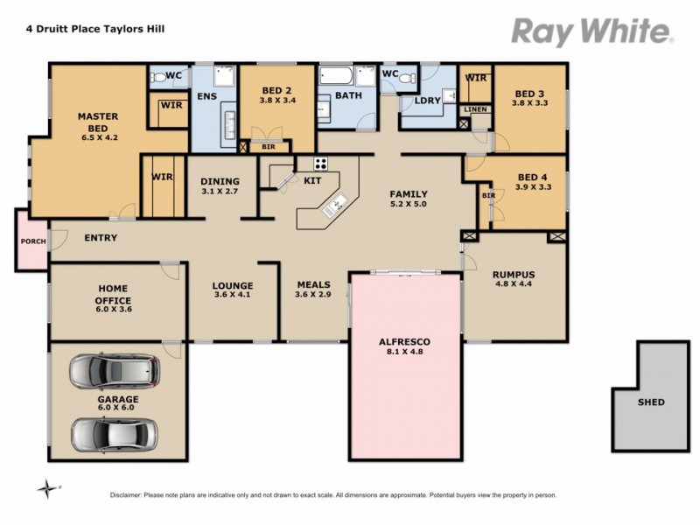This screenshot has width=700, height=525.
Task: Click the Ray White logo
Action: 591,31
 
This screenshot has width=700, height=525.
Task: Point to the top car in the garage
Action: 115,371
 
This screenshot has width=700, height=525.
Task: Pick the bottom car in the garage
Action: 115,432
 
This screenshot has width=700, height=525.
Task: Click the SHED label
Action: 651,402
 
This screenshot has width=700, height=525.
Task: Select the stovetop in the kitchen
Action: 320,163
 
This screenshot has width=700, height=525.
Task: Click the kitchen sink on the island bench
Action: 335,206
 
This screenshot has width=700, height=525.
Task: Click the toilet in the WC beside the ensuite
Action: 158,77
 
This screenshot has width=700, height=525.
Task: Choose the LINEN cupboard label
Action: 475,109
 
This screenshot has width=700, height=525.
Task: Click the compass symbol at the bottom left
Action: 47,487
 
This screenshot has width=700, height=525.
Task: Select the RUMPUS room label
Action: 513,275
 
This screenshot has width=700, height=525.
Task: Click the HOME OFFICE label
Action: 112,296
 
